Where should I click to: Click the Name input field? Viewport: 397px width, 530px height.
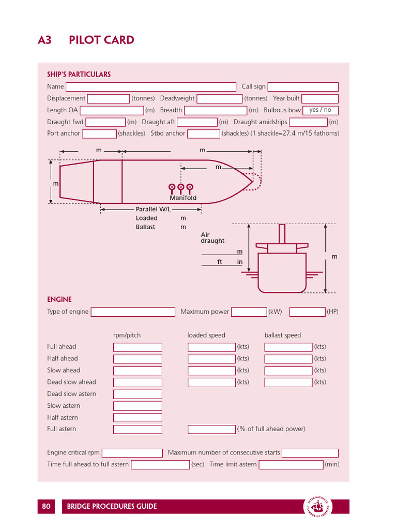point(150,87)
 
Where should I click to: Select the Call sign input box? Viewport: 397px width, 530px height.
point(303,87)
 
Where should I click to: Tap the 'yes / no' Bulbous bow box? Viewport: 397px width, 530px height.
point(320,110)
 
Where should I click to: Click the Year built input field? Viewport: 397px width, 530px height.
point(320,98)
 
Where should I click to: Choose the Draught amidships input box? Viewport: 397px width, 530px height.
point(308,122)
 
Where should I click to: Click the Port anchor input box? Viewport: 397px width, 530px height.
point(99,134)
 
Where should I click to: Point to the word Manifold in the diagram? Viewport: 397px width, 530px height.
point(183,198)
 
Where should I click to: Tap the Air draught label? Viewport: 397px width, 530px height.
point(212,238)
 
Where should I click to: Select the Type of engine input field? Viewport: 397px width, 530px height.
point(133,312)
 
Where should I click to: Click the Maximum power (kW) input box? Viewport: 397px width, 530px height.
point(249,312)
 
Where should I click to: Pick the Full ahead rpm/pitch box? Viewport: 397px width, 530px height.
point(138,347)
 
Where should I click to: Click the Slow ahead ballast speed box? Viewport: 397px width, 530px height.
point(288,371)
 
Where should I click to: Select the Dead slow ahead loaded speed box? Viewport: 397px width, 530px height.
point(211,382)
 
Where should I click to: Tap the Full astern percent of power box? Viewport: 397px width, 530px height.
point(211,429)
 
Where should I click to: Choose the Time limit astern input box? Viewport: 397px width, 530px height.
point(291,465)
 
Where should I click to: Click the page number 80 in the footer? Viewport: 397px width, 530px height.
point(47,506)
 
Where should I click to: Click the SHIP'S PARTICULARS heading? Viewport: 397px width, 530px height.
point(79,75)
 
